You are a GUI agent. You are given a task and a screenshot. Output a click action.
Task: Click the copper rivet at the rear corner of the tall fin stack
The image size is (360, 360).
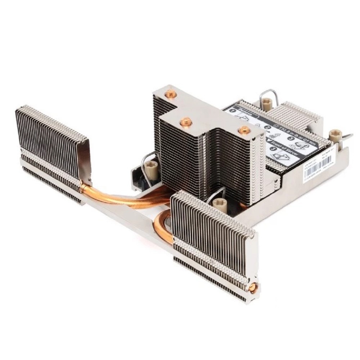tap(170, 95)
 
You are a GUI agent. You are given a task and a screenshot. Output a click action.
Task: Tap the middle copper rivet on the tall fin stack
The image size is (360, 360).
tap(186, 122)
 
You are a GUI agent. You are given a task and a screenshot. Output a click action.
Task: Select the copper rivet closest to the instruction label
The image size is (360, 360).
tap(244, 130)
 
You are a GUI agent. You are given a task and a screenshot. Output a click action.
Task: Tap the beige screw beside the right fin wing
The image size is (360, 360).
tap(219, 204)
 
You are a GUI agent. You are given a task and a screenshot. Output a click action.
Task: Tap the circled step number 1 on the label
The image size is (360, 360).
tap(233, 113)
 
